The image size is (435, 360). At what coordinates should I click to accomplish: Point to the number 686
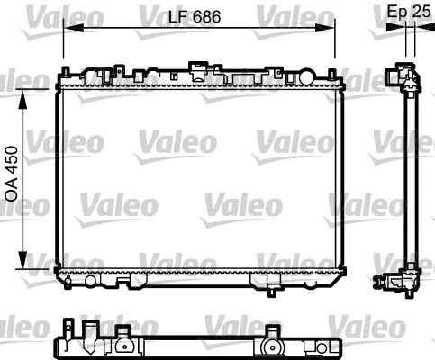[207, 15]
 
